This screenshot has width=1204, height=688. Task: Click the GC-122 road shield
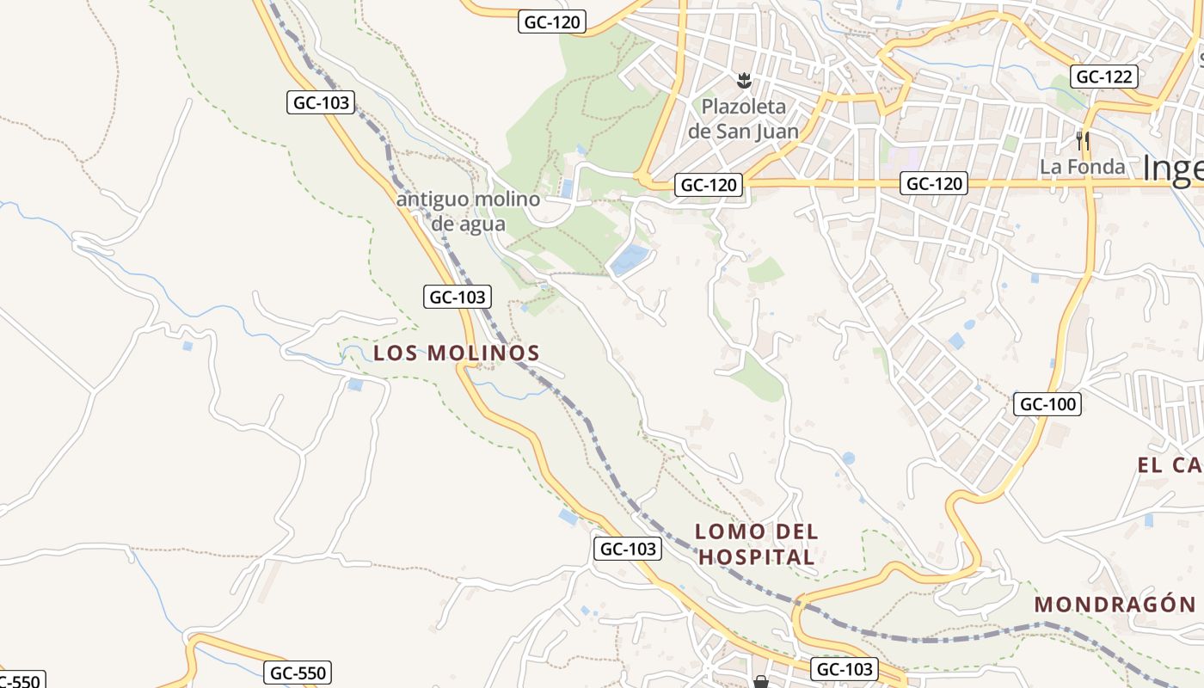click(1104, 77)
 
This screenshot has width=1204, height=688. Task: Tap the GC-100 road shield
click(1047, 403)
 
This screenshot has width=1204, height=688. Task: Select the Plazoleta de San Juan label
click(744, 119)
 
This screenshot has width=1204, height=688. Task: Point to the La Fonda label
click(1082, 167)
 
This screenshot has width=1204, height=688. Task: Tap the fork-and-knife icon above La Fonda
click(1083, 140)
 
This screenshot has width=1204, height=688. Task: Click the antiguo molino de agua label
click(469, 212)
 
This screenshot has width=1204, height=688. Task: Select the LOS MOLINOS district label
click(457, 353)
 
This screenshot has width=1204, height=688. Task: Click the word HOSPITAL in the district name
click(756, 557)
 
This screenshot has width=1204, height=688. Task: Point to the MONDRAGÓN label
click(1115, 604)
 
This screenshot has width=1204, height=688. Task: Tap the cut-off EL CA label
click(1170, 466)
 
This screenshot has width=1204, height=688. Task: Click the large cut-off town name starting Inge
click(1173, 169)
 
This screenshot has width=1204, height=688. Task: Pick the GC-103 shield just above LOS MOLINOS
click(458, 298)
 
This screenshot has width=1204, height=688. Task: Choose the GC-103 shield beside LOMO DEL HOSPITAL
click(627, 549)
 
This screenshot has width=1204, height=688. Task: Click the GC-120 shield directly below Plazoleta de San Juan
click(708, 184)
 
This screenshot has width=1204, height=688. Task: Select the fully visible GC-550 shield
click(297, 673)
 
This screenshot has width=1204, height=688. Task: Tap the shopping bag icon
click(760, 682)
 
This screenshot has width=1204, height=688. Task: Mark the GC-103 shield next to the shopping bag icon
click(844, 669)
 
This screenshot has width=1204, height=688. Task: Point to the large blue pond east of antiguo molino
click(630, 259)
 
